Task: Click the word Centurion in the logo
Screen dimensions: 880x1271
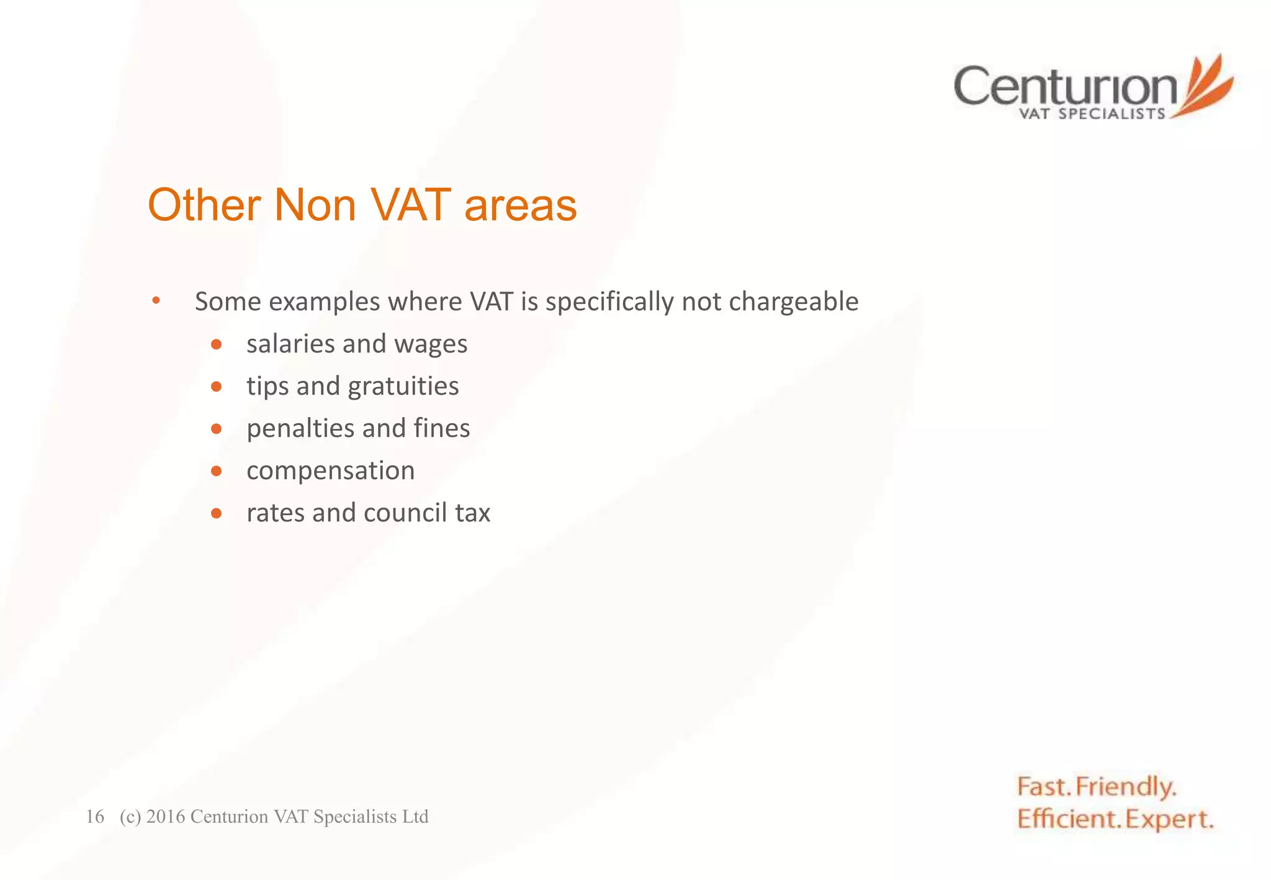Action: (x=1065, y=86)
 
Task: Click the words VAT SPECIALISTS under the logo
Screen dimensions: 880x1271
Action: (x=1092, y=114)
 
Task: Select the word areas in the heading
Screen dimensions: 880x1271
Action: (x=520, y=205)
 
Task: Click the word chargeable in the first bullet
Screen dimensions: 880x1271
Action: (x=793, y=302)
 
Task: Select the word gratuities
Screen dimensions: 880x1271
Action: (x=403, y=387)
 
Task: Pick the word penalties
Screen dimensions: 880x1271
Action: (x=300, y=428)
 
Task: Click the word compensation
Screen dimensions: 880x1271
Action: (x=330, y=471)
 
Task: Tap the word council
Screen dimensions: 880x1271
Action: (x=405, y=513)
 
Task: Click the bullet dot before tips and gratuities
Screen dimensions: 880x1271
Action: (x=216, y=387)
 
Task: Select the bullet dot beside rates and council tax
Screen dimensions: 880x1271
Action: (x=216, y=513)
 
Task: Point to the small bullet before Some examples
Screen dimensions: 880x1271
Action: (x=156, y=301)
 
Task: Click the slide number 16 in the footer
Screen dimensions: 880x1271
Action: (x=94, y=817)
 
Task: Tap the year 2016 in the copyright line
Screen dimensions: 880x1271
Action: (x=166, y=817)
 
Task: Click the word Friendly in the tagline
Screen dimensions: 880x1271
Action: (x=1125, y=787)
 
